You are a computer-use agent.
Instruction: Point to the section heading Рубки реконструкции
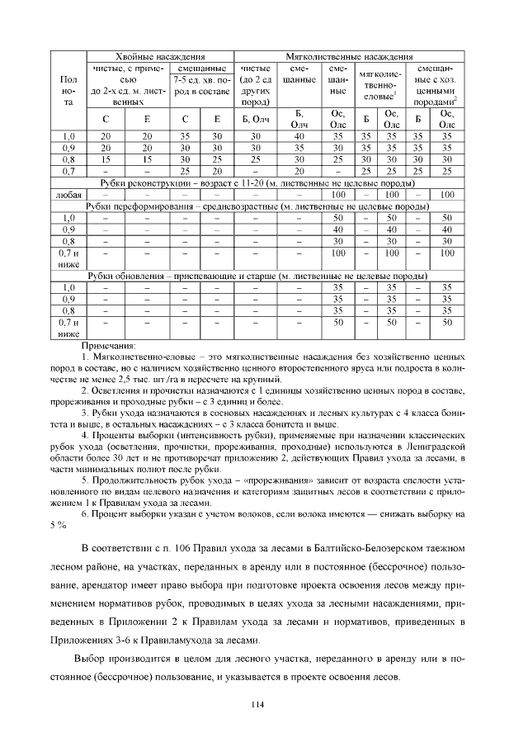click(139, 182)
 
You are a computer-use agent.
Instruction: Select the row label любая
click(68, 194)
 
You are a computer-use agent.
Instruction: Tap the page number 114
click(263, 702)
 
